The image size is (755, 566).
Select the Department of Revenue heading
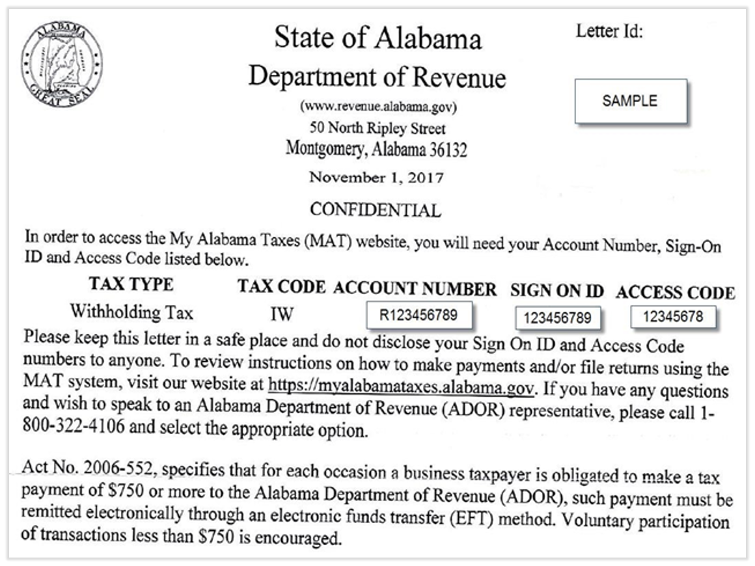377,77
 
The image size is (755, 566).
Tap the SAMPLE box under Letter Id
630,101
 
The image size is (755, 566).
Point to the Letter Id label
609,31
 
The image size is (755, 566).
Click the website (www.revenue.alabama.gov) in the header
377,106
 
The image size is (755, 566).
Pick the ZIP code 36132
448,150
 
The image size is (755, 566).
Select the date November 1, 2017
377,177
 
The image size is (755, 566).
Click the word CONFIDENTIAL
375,209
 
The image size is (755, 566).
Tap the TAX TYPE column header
131,285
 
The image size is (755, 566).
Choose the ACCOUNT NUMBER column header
415,289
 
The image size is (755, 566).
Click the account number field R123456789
419,316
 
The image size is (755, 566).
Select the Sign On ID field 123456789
557,318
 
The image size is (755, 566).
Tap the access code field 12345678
673,317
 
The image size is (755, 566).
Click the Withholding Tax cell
131,312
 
